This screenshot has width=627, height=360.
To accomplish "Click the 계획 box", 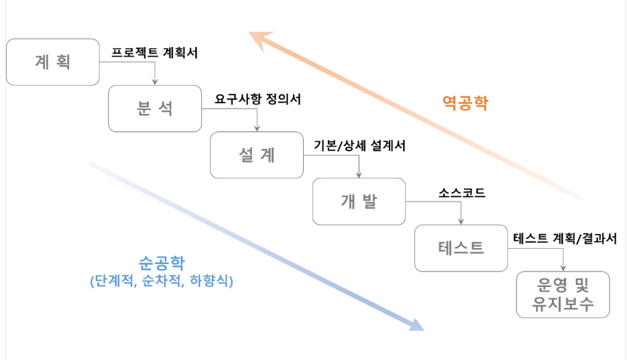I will coord(52,62).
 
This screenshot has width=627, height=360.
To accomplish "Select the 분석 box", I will coord(155,109).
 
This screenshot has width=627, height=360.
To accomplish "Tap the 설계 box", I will coord(257,155).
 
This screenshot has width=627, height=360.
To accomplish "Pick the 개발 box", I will coord(359,201).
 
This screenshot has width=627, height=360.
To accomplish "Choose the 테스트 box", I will coord(461,247).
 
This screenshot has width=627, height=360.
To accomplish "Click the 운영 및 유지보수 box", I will coord(563,294).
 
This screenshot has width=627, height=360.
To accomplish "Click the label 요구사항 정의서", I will coord(258,99).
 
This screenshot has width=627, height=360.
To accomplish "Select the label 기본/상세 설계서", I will coord(359,145).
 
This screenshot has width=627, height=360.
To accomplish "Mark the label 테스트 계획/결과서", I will coord(565,238).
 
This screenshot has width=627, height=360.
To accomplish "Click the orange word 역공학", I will coord(465,103).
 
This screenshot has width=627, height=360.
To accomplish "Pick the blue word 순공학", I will coord(161,261).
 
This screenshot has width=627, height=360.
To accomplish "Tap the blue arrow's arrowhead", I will coord(416,325).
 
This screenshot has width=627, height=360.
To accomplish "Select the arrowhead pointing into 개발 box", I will coord(359,175).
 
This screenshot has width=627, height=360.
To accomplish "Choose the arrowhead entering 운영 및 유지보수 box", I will coord(564,268).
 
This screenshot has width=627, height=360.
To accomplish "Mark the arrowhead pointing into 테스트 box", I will coord(461,222).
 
